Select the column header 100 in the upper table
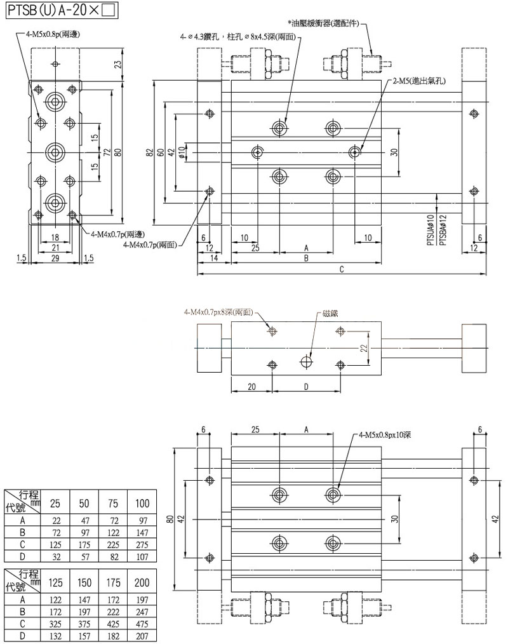142,504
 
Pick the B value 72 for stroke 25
55,532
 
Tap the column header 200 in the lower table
142,582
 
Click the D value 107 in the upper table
142,556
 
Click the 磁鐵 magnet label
330,313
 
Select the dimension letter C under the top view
341,269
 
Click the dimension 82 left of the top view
150,152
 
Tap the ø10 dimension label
182,152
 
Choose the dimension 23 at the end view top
118,64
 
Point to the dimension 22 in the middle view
364,347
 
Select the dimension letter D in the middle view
306,386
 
